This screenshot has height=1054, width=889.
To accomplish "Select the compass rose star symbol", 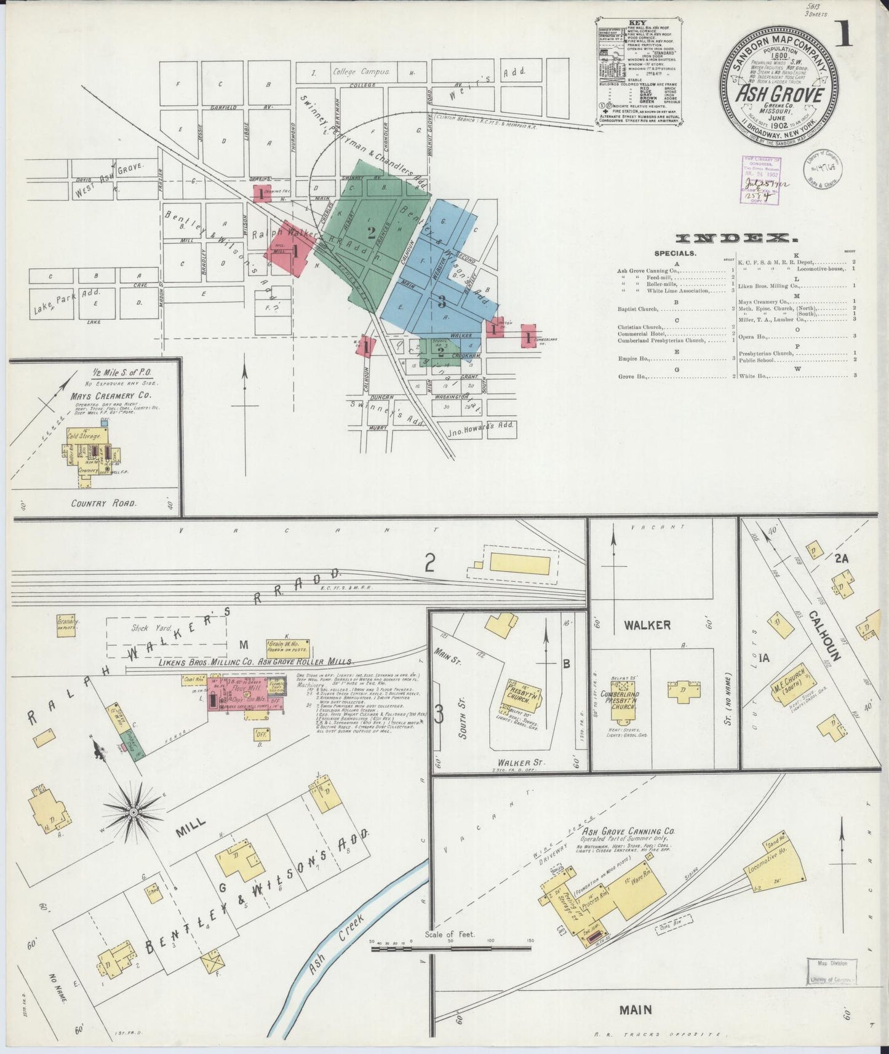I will (133, 813).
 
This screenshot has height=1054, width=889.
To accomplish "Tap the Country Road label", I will (103, 502).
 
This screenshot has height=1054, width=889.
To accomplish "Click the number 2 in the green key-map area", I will (371, 232).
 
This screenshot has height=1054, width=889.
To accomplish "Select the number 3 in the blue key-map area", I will (441, 301).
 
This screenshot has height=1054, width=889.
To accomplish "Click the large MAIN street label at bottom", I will (635, 1010).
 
